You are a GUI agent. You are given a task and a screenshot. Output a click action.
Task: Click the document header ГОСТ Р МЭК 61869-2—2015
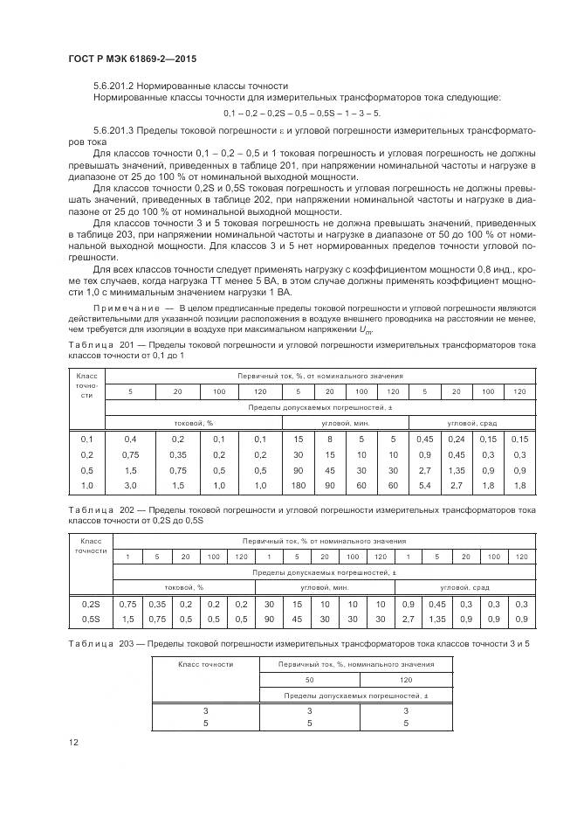133,59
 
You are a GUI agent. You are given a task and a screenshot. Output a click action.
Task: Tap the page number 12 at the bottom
74,742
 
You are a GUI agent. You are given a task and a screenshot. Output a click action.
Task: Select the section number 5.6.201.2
117,86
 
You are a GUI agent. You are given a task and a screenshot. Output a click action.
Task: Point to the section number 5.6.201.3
117,130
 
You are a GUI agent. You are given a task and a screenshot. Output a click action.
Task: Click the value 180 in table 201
297,484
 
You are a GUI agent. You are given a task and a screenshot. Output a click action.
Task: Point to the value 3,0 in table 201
130,484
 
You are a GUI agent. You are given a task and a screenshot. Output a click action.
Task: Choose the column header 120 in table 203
406,679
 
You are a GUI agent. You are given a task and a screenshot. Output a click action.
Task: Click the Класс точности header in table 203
205,664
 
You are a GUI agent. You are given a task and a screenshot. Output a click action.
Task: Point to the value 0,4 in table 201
130,438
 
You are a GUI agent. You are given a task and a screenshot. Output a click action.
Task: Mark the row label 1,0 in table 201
86,484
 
